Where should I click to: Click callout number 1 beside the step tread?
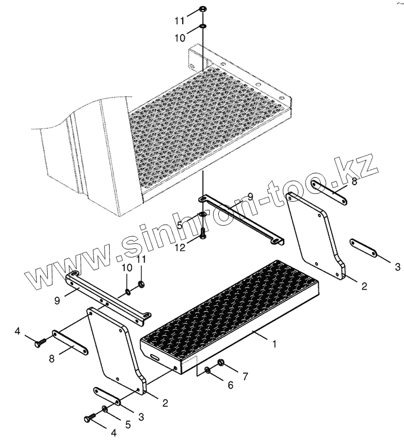click(274, 344)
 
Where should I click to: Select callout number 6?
click(230, 385)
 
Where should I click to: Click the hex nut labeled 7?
click(221, 362)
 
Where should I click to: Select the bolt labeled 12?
click(203, 233)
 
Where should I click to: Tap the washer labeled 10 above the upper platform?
click(202, 26)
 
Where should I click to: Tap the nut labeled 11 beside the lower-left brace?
click(143, 283)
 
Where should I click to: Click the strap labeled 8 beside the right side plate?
click(329, 193)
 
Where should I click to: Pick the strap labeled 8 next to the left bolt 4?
click(69, 343)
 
